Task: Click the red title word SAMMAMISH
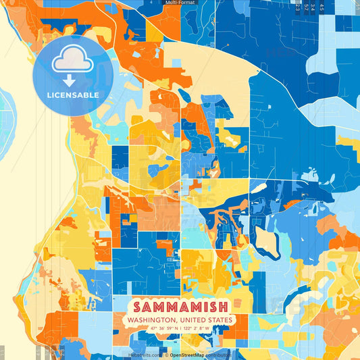pyautogui.click(x=180, y=305)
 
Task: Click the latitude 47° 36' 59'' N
pyautogui.click(x=160, y=328)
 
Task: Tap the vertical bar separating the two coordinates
pyautogui.click(x=180, y=328)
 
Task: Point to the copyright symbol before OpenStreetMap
pyautogui.click(x=166, y=355)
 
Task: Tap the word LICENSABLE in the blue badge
pyautogui.click(x=72, y=95)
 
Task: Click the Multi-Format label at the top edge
pyautogui.click(x=180, y=3)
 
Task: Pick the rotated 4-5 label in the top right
pyautogui.click(x=322, y=7)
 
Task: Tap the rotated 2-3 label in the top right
pyautogui.click(x=297, y=7)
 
